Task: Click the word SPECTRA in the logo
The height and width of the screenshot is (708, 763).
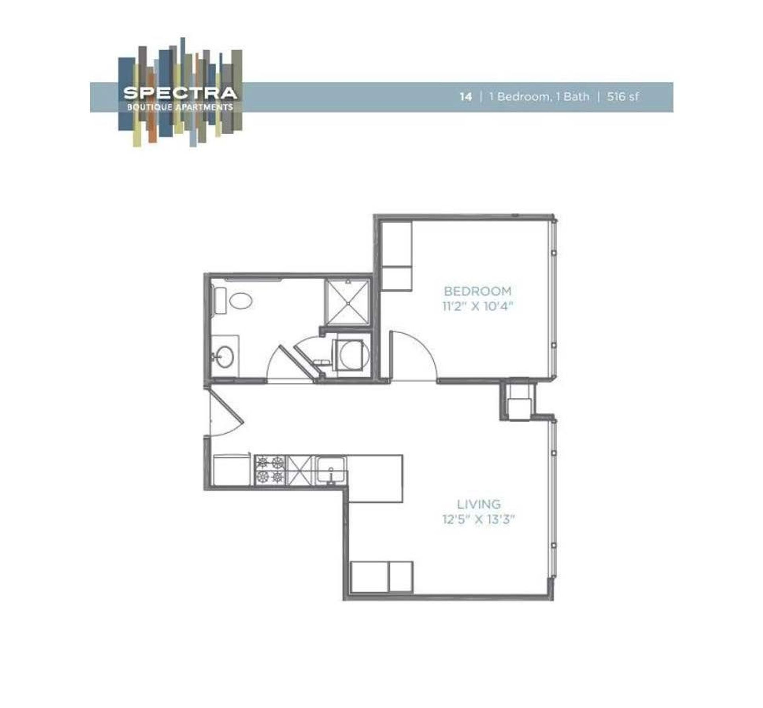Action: (x=180, y=93)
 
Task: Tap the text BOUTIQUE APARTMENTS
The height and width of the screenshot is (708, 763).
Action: (x=180, y=107)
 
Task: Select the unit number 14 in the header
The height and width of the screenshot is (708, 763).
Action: (x=466, y=97)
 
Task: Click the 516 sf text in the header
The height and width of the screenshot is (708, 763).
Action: (x=623, y=97)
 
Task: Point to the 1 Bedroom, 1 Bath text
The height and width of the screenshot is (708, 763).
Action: (x=539, y=97)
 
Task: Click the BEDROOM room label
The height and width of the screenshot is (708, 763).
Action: (x=478, y=291)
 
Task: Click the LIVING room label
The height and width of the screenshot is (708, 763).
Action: (x=478, y=504)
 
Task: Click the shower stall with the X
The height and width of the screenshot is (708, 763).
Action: (x=348, y=303)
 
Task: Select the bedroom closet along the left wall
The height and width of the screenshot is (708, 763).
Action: (x=396, y=256)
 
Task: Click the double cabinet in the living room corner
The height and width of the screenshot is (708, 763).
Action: (x=382, y=577)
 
